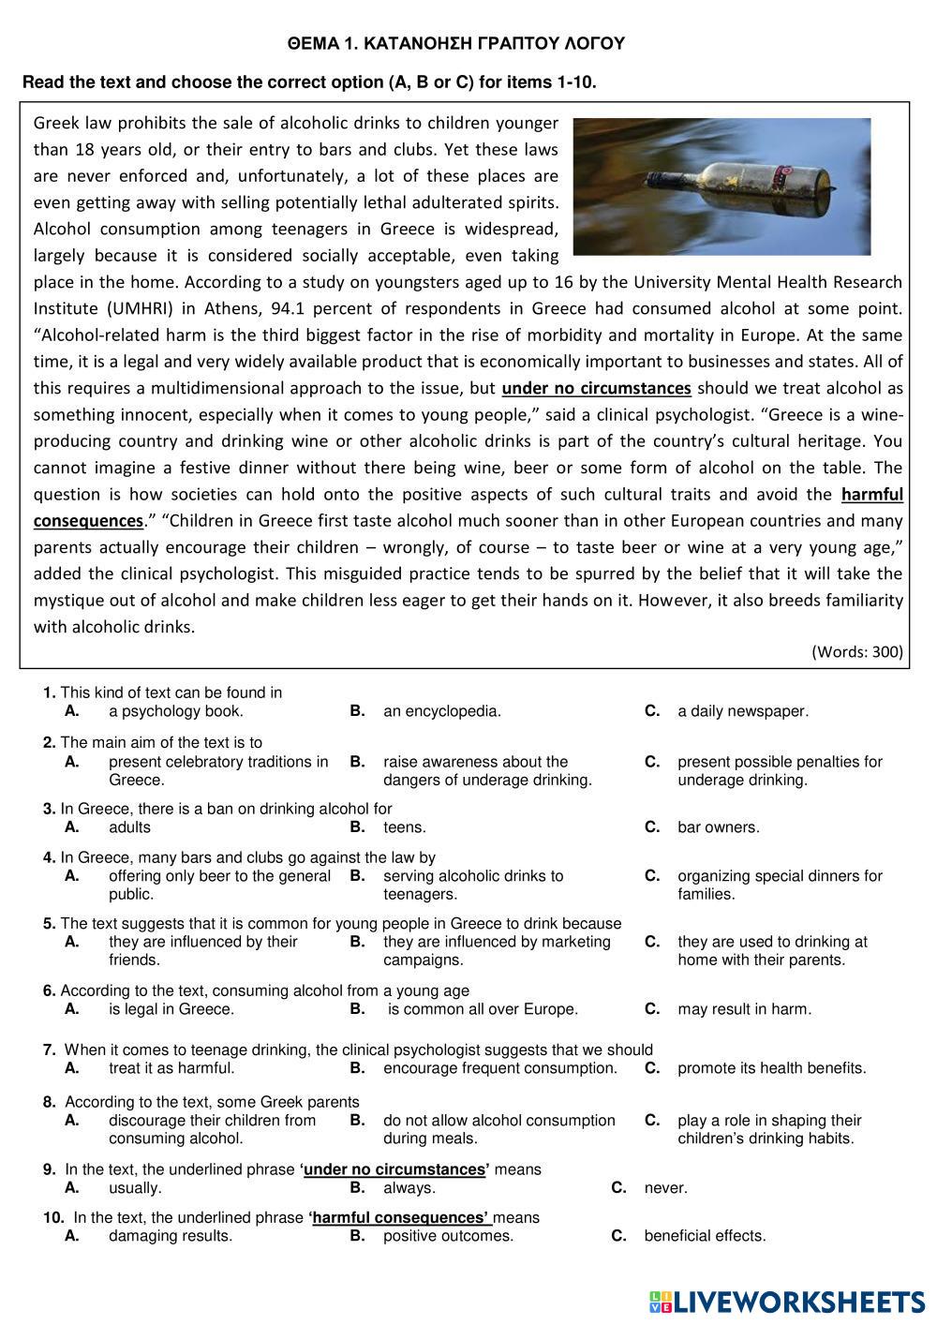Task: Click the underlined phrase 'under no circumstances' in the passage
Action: [x=596, y=388]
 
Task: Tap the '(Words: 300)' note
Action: [x=857, y=651]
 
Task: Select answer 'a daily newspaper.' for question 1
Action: [x=742, y=711]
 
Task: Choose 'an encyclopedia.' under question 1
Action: [x=441, y=711]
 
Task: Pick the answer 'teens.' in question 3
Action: [x=404, y=827]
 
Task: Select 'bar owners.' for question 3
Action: [x=718, y=827]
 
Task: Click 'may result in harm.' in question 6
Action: [x=744, y=1009]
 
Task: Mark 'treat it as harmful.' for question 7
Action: [x=171, y=1068]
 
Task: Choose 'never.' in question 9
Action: [x=665, y=1188]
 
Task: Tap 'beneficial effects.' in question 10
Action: [x=705, y=1236]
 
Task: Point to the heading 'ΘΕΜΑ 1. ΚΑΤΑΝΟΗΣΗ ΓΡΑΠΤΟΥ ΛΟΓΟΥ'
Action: [x=456, y=43]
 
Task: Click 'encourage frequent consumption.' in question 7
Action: [x=499, y=1068]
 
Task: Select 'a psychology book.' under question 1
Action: [x=175, y=711]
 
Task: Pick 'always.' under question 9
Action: [x=409, y=1188]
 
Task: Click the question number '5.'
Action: [x=50, y=924]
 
